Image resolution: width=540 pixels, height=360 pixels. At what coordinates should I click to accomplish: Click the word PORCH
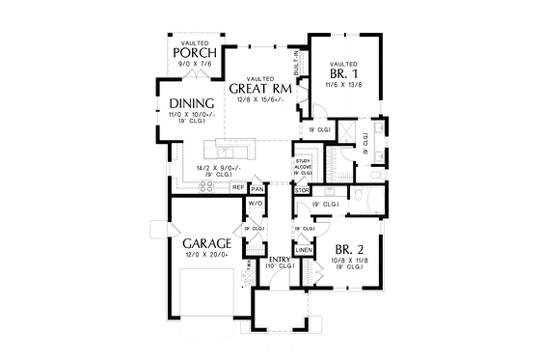[x=195, y=52]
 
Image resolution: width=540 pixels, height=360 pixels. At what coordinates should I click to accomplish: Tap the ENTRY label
[x=281, y=259]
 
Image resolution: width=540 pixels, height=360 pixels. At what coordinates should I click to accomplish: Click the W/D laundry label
[x=256, y=204]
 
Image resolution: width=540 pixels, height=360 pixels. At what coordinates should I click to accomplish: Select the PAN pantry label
[x=256, y=188]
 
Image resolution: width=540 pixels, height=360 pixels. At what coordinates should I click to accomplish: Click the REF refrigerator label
[x=237, y=187]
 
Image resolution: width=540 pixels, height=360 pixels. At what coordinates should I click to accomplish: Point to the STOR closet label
[x=301, y=190]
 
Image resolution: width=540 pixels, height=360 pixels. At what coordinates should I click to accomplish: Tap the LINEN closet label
[x=303, y=249]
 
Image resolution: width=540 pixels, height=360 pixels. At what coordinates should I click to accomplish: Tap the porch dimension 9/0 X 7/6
[x=195, y=64]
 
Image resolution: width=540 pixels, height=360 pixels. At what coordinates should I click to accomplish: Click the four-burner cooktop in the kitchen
[x=206, y=185]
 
